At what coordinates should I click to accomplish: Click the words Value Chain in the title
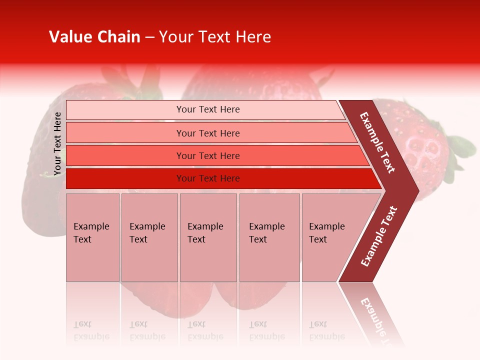(94, 37)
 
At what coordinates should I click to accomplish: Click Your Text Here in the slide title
(215, 37)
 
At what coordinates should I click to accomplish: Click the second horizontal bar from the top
(207, 133)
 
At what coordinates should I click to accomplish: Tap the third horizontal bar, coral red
(207, 155)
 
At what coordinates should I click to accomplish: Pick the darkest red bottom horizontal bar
(207, 178)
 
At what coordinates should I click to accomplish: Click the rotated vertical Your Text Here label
(58, 143)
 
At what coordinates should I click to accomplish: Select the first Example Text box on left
(92, 237)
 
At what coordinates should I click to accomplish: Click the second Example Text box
(149, 237)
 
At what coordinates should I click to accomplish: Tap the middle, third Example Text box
(207, 237)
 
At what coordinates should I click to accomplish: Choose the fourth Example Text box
(269, 237)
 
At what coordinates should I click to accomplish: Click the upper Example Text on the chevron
(377, 142)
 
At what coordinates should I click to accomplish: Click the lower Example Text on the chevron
(379, 236)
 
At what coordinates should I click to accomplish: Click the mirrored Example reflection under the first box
(91, 336)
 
